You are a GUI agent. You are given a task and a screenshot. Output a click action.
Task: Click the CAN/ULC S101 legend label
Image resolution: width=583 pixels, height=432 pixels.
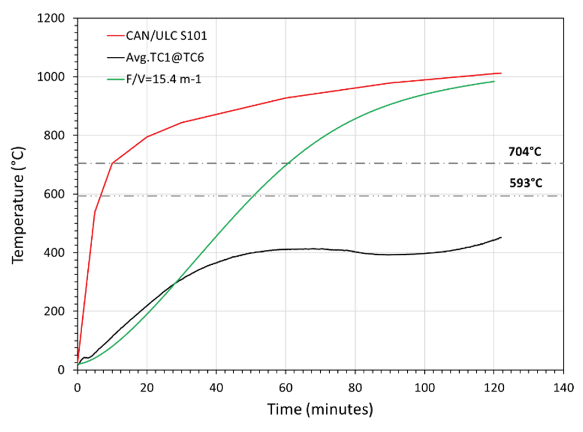[166, 36]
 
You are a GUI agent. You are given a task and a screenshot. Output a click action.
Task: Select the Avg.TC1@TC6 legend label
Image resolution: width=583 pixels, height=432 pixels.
[165, 57]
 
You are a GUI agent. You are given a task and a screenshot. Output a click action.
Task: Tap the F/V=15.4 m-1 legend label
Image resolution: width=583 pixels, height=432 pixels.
[164, 79]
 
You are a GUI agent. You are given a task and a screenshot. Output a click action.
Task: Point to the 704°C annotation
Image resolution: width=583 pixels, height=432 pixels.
[525, 152]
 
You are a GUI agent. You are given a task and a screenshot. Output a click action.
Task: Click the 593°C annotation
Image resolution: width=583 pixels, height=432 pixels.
[526, 183]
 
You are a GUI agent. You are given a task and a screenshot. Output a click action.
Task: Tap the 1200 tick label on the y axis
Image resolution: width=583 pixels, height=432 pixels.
[51, 18]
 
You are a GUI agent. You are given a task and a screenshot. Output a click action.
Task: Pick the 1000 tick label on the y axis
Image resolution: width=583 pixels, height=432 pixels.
[51, 77]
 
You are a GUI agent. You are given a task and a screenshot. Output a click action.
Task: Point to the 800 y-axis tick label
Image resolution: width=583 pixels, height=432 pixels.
[54, 135]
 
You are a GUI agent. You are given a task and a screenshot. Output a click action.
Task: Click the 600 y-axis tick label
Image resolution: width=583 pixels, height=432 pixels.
[54, 194]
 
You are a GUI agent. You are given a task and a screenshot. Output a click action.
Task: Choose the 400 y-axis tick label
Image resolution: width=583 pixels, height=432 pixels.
[54, 252]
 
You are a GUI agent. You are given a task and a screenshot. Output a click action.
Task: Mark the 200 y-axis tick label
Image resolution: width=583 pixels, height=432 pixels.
[54, 311]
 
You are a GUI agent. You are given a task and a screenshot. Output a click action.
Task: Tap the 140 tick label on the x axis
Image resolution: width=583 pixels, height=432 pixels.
[563, 388]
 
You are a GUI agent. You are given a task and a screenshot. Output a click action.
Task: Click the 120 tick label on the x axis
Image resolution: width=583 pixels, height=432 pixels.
[494, 388]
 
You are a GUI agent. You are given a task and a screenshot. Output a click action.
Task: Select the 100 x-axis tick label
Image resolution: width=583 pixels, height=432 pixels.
[425, 388]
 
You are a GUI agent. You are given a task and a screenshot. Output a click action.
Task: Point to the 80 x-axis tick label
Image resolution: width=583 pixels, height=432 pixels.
[355, 388]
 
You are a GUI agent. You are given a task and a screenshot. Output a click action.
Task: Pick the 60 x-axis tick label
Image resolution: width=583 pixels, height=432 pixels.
[286, 388]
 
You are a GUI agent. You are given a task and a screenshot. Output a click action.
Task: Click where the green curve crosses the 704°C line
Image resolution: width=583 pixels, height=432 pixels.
[287, 164]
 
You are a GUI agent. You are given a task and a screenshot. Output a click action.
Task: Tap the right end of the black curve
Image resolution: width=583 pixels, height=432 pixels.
[501, 238]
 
